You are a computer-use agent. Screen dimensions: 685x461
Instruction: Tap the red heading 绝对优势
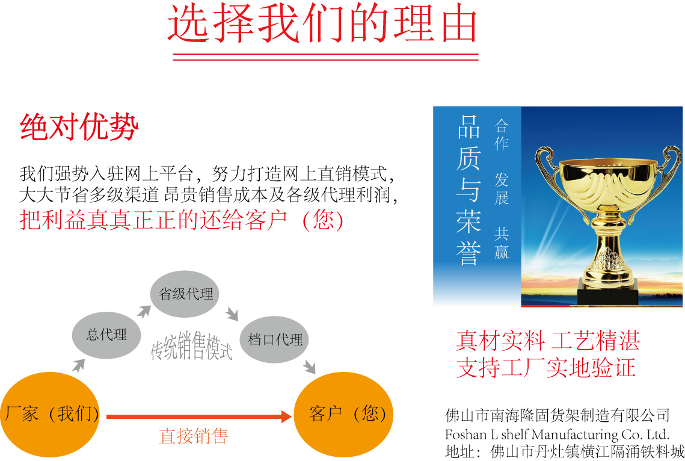point(79,127)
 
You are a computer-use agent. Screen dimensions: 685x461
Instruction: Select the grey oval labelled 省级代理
point(185,294)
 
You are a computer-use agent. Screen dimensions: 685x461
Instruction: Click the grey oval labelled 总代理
point(106,335)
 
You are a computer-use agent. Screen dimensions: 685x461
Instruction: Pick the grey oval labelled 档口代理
point(274,339)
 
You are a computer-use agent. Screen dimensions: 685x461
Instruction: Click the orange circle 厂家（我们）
point(51,414)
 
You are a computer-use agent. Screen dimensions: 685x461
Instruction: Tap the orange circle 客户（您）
point(344,414)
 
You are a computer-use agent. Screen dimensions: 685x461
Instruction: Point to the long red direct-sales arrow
point(199,416)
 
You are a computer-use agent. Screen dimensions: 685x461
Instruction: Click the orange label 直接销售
point(193,436)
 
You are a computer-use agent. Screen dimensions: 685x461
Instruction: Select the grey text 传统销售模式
point(191,345)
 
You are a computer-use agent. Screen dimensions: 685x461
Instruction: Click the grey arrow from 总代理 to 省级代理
point(144,311)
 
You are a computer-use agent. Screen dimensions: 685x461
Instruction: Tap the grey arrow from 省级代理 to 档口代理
point(232,314)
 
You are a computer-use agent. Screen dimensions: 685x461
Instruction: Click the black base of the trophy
point(607,291)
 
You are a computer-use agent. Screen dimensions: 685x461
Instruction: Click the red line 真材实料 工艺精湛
point(548,341)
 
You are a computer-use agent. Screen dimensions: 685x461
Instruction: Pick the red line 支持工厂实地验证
point(545,367)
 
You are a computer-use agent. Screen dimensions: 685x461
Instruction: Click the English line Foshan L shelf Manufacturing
point(557,435)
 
